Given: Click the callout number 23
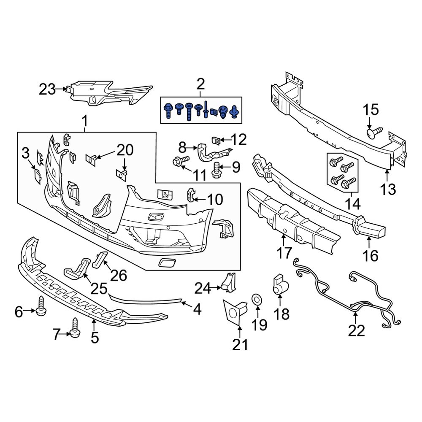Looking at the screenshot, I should coord(47,89).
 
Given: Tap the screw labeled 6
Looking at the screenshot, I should coord(42,308).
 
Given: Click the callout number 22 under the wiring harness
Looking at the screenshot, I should coord(356,331).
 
